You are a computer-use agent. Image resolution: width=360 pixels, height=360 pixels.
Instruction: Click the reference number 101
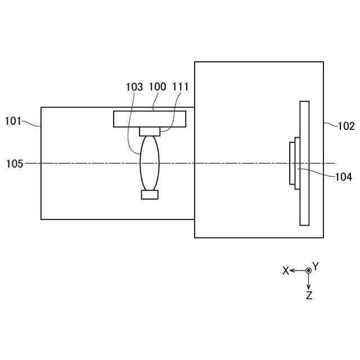coord(13,120)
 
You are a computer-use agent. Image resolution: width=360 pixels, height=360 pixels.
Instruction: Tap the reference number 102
coord(346,126)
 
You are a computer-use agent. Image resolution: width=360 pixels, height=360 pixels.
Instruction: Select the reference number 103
coord(134,87)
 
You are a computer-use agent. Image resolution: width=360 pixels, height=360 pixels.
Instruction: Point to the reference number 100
coord(157,87)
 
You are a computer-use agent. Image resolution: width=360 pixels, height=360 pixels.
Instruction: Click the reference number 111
coord(181,87)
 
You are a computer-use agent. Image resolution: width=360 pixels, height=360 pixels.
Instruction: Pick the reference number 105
coord(15,164)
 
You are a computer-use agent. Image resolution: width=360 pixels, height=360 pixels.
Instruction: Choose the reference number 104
coord(343,177)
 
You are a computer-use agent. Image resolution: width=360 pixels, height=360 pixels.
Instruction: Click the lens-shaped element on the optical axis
coord(150,163)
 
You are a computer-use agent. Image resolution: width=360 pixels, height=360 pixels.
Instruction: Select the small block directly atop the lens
coord(150,131)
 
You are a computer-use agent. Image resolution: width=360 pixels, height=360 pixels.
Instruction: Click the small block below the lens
coord(150,195)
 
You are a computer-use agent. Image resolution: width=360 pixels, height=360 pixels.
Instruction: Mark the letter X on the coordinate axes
coord(286,271)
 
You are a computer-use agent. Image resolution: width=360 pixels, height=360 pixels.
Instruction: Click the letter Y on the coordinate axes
coord(316,265)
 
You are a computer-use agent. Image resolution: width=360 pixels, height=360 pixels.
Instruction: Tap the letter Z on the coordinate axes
coord(309,295)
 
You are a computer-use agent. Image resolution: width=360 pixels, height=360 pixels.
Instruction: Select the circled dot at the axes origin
coord(308,271)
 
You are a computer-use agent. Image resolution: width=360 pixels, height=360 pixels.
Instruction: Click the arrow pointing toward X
coord(296,271)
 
